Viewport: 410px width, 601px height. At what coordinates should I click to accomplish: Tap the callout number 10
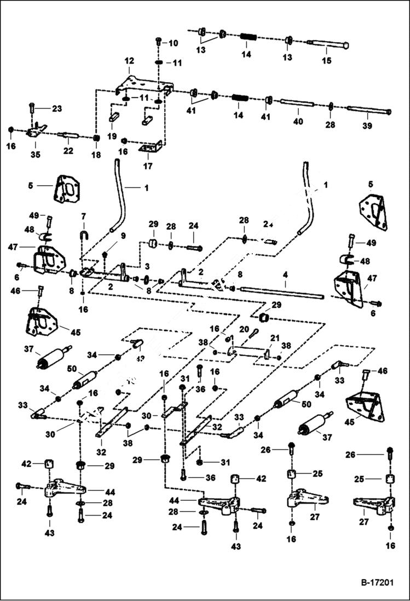[172, 43]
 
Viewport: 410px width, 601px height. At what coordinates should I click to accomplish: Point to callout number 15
[326, 61]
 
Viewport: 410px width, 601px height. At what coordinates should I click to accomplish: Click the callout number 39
[367, 126]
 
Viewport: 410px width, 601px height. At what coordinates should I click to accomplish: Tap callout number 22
[68, 151]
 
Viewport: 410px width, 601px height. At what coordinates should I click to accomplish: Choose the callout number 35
[36, 154]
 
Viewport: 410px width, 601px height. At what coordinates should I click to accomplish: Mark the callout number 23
[57, 108]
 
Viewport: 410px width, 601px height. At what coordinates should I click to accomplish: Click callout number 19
[112, 135]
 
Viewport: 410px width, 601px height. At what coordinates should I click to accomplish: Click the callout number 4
[285, 283]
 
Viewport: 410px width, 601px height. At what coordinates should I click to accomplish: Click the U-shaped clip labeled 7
[83, 237]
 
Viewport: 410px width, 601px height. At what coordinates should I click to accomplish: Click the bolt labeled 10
[158, 41]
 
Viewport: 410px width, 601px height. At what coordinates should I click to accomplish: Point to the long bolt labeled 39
[367, 111]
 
